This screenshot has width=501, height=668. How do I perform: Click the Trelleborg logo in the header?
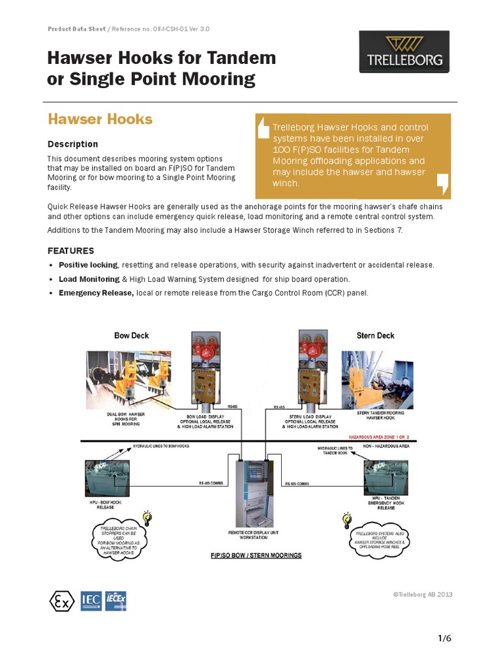(404, 52)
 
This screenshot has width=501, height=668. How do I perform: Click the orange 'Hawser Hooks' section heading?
(100, 119)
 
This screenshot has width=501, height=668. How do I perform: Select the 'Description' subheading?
(72, 144)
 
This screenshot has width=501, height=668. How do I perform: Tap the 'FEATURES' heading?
(70, 251)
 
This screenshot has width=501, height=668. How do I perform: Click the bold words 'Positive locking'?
(88, 266)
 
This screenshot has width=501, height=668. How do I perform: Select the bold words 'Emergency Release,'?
(96, 293)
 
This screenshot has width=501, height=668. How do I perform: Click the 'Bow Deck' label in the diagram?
(131, 336)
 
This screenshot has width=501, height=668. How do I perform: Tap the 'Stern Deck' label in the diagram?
(375, 336)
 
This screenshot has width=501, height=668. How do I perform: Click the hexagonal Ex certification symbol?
(62, 601)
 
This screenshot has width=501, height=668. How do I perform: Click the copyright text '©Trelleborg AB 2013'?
(422, 594)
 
